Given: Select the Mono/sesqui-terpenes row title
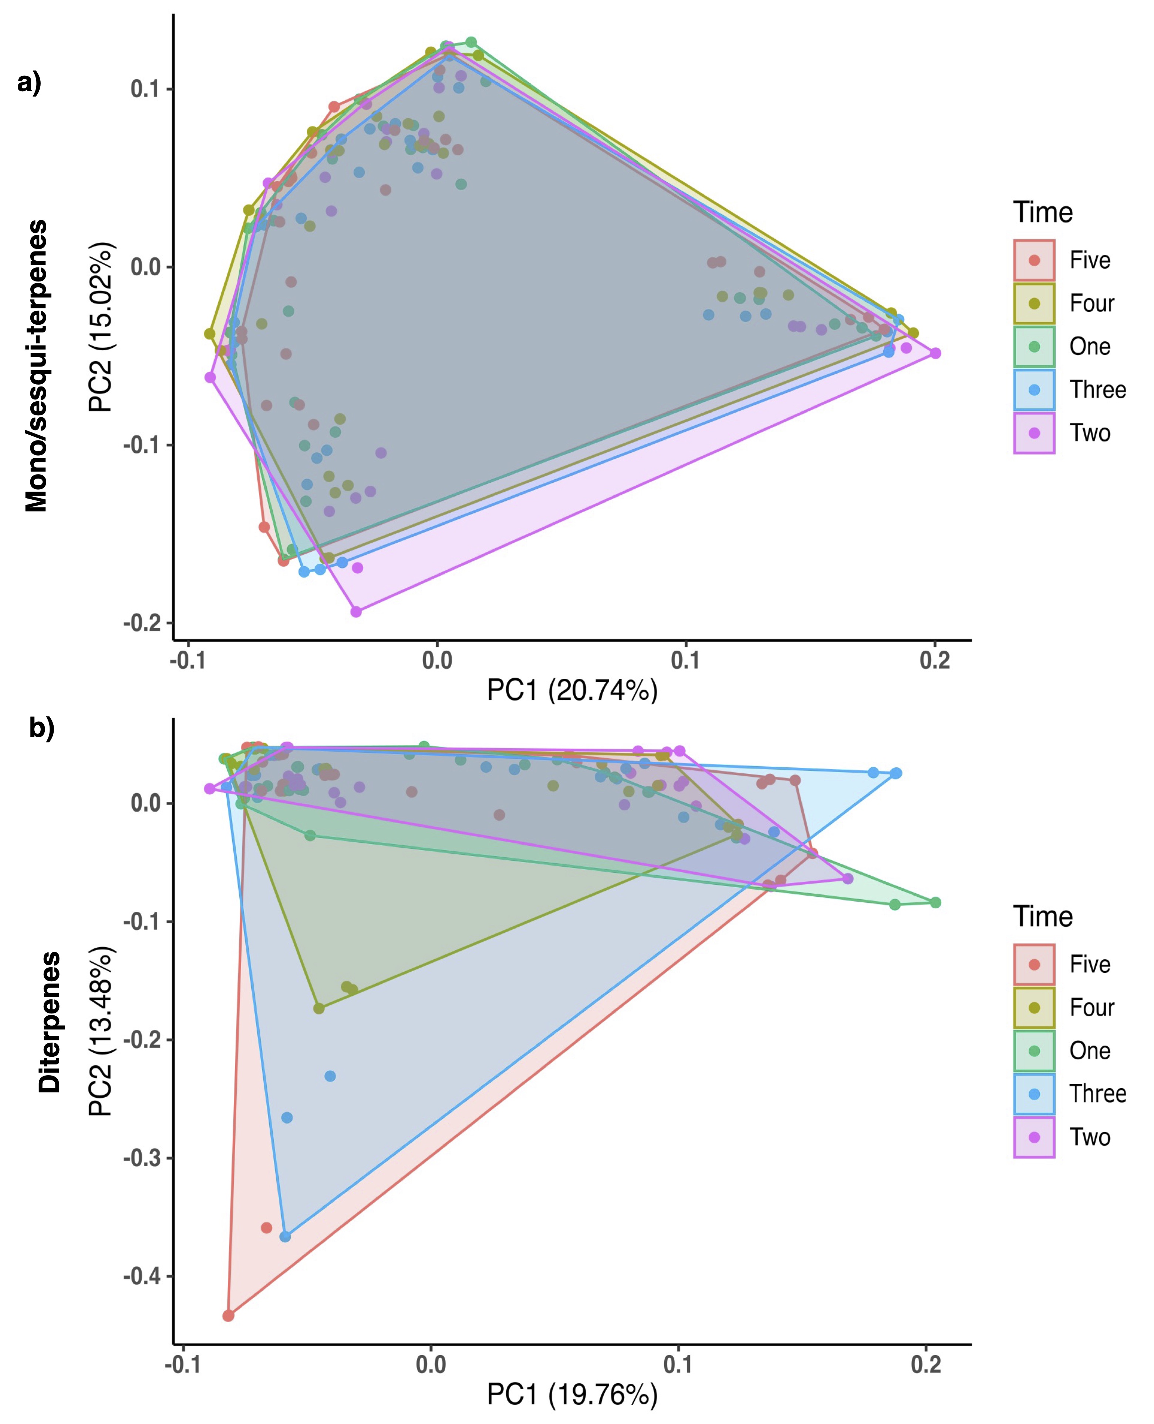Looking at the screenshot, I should (37, 366).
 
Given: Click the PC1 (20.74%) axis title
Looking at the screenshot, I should (572, 690).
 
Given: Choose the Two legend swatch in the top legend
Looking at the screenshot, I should (1034, 433).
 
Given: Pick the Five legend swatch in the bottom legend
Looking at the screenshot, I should (1034, 964).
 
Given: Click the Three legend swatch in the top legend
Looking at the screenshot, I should (1034, 389).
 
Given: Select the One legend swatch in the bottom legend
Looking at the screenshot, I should (1034, 1050).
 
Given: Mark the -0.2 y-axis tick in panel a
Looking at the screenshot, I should (142, 623).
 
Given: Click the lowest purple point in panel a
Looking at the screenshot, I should (356, 611).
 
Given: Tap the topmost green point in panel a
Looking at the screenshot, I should (470, 43).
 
